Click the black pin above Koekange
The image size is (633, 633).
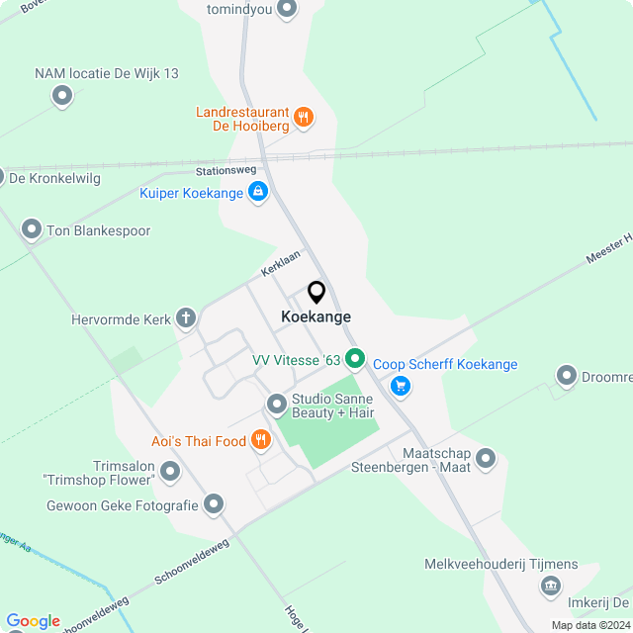(x=316, y=293)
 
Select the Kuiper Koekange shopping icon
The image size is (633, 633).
(x=258, y=192)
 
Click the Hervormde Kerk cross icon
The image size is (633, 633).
(x=185, y=318)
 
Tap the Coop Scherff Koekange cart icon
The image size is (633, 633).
(x=400, y=385)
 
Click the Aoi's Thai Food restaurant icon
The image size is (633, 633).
(x=260, y=439)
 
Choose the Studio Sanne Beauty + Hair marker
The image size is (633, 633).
(x=277, y=404)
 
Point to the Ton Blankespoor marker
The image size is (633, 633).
(x=31, y=229)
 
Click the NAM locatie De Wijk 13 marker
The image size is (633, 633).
(x=62, y=96)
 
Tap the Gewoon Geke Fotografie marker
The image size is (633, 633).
(x=214, y=505)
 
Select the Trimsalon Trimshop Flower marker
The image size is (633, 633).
(x=170, y=472)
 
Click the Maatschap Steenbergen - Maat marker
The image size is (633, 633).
(x=485, y=458)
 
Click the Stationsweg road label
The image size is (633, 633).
(x=226, y=169)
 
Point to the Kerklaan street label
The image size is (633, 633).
(x=280, y=262)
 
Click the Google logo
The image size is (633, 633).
(x=33, y=620)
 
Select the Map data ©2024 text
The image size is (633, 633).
(x=589, y=625)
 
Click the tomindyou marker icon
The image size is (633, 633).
(x=288, y=10)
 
